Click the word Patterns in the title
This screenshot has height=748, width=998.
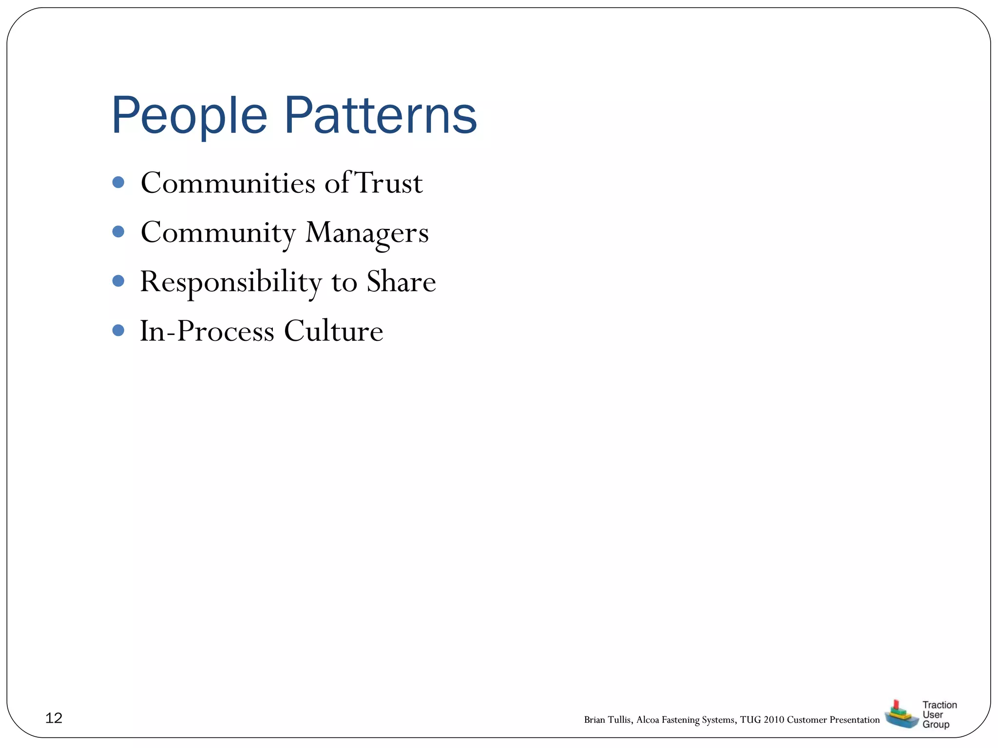click(x=380, y=116)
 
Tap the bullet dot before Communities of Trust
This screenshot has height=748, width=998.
click(x=118, y=182)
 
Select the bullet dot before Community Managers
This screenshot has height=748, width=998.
click(x=118, y=231)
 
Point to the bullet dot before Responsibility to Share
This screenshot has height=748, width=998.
click(x=118, y=281)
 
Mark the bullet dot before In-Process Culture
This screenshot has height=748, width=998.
click(x=118, y=331)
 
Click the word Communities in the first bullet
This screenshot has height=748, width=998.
click(x=228, y=183)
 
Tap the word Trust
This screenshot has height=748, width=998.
click(x=389, y=183)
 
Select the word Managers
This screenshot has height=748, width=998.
click(x=367, y=233)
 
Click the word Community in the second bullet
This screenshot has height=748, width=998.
click(x=218, y=233)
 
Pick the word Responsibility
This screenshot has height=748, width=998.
click(x=231, y=282)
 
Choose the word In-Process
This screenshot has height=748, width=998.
click(x=207, y=331)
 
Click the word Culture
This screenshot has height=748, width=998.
click(x=333, y=331)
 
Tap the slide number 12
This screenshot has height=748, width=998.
click(x=54, y=718)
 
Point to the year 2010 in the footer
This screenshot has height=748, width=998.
click(x=774, y=720)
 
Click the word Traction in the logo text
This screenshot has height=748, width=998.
click(x=940, y=705)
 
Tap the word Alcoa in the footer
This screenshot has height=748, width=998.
click(x=648, y=720)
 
